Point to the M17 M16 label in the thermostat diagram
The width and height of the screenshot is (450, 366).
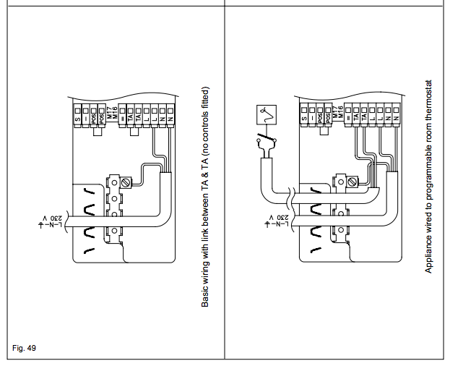click(336, 113)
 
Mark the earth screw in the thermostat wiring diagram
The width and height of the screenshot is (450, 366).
click(353, 180)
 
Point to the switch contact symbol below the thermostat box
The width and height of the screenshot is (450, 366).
click(265, 143)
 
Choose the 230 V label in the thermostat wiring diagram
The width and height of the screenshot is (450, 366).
click(274, 223)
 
